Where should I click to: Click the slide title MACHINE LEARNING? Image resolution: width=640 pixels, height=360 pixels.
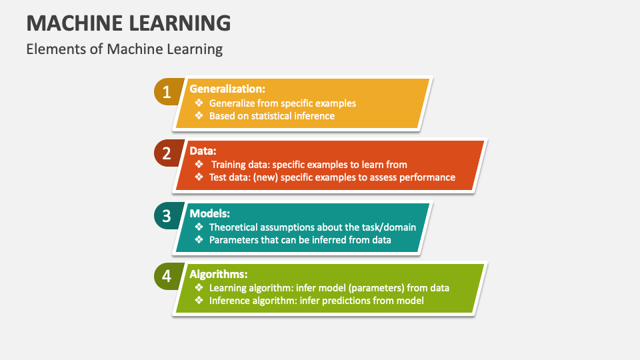click(129, 23)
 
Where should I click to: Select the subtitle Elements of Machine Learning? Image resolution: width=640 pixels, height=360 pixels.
click(125, 49)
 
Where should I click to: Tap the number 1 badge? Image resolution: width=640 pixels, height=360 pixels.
click(167, 92)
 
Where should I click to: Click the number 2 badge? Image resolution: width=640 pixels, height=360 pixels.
click(167, 153)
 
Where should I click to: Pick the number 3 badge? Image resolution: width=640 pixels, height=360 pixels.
click(167, 215)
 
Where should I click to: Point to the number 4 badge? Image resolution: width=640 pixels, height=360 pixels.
click(167, 276)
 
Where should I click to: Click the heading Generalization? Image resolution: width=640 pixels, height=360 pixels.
click(227, 89)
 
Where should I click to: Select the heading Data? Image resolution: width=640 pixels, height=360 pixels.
click(203, 151)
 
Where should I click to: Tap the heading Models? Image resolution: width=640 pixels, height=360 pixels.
click(210, 213)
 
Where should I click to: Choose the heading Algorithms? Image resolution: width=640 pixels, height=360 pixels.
click(219, 274)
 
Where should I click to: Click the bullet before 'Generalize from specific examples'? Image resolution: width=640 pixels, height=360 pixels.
click(199, 103)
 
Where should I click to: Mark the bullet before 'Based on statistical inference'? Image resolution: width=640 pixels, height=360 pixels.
click(199, 115)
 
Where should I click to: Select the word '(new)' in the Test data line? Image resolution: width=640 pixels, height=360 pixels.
click(265, 177)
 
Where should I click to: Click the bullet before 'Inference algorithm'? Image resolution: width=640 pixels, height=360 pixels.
click(199, 301)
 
